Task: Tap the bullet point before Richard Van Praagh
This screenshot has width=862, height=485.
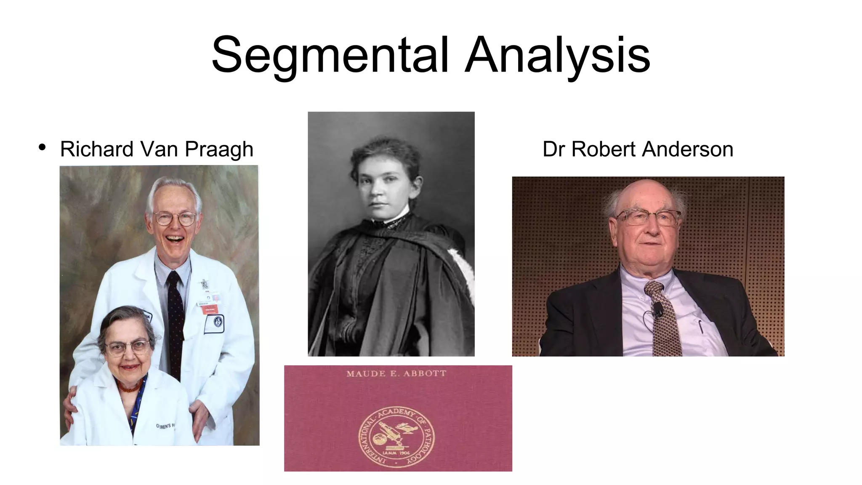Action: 42,147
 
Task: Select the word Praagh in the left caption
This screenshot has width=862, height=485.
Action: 219,149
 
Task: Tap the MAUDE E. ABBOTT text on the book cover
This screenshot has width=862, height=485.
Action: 396,373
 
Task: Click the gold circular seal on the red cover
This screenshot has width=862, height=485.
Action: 396,437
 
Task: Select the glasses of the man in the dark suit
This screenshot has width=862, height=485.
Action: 648,217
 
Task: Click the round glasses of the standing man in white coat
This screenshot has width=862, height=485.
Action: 175,219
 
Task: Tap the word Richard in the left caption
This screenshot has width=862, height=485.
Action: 97,149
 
